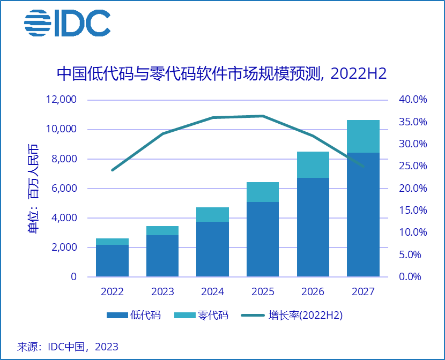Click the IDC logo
[x=67, y=23]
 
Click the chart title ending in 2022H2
[x=222, y=73]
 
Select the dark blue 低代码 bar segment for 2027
[x=363, y=214]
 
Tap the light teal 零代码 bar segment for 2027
[x=363, y=136]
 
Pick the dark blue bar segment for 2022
[x=112, y=260]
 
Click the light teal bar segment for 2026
[x=313, y=164]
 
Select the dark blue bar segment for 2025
[x=263, y=239]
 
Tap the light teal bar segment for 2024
[x=212, y=214]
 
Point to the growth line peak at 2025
[x=263, y=116]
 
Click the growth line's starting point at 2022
[x=112, y=170]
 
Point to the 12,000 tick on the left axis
[x=62, y=100]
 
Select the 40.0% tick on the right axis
[x=412, y=100]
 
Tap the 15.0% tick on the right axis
[x=412, y=211]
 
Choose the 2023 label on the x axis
[x=162, y=292]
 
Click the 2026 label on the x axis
[x=313, y=292]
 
